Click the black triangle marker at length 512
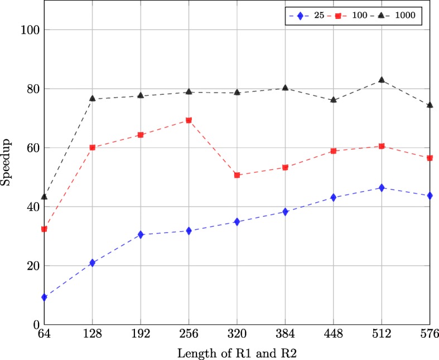click(x=382, y=80)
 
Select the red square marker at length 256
click(x=189, y=120)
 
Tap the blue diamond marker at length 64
click(x=44, y=297)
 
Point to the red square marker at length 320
click(x=237, y=175)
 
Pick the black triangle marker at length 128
click(x=92, y=99)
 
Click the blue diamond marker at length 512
click(x=382, y=188)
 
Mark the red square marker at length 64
click(x=44, y=229)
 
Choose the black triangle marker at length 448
click(x=334, y=100)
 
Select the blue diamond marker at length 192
click(x=141, y=235)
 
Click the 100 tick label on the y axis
click(x=28, y=30)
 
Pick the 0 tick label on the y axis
click(x=34, y=324)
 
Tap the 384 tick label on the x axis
click(x=285, y=334)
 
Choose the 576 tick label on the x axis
click(x=430, y=334)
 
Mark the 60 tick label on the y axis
click(x=31, y=148)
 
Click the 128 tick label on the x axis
click(x=92, y=334)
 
